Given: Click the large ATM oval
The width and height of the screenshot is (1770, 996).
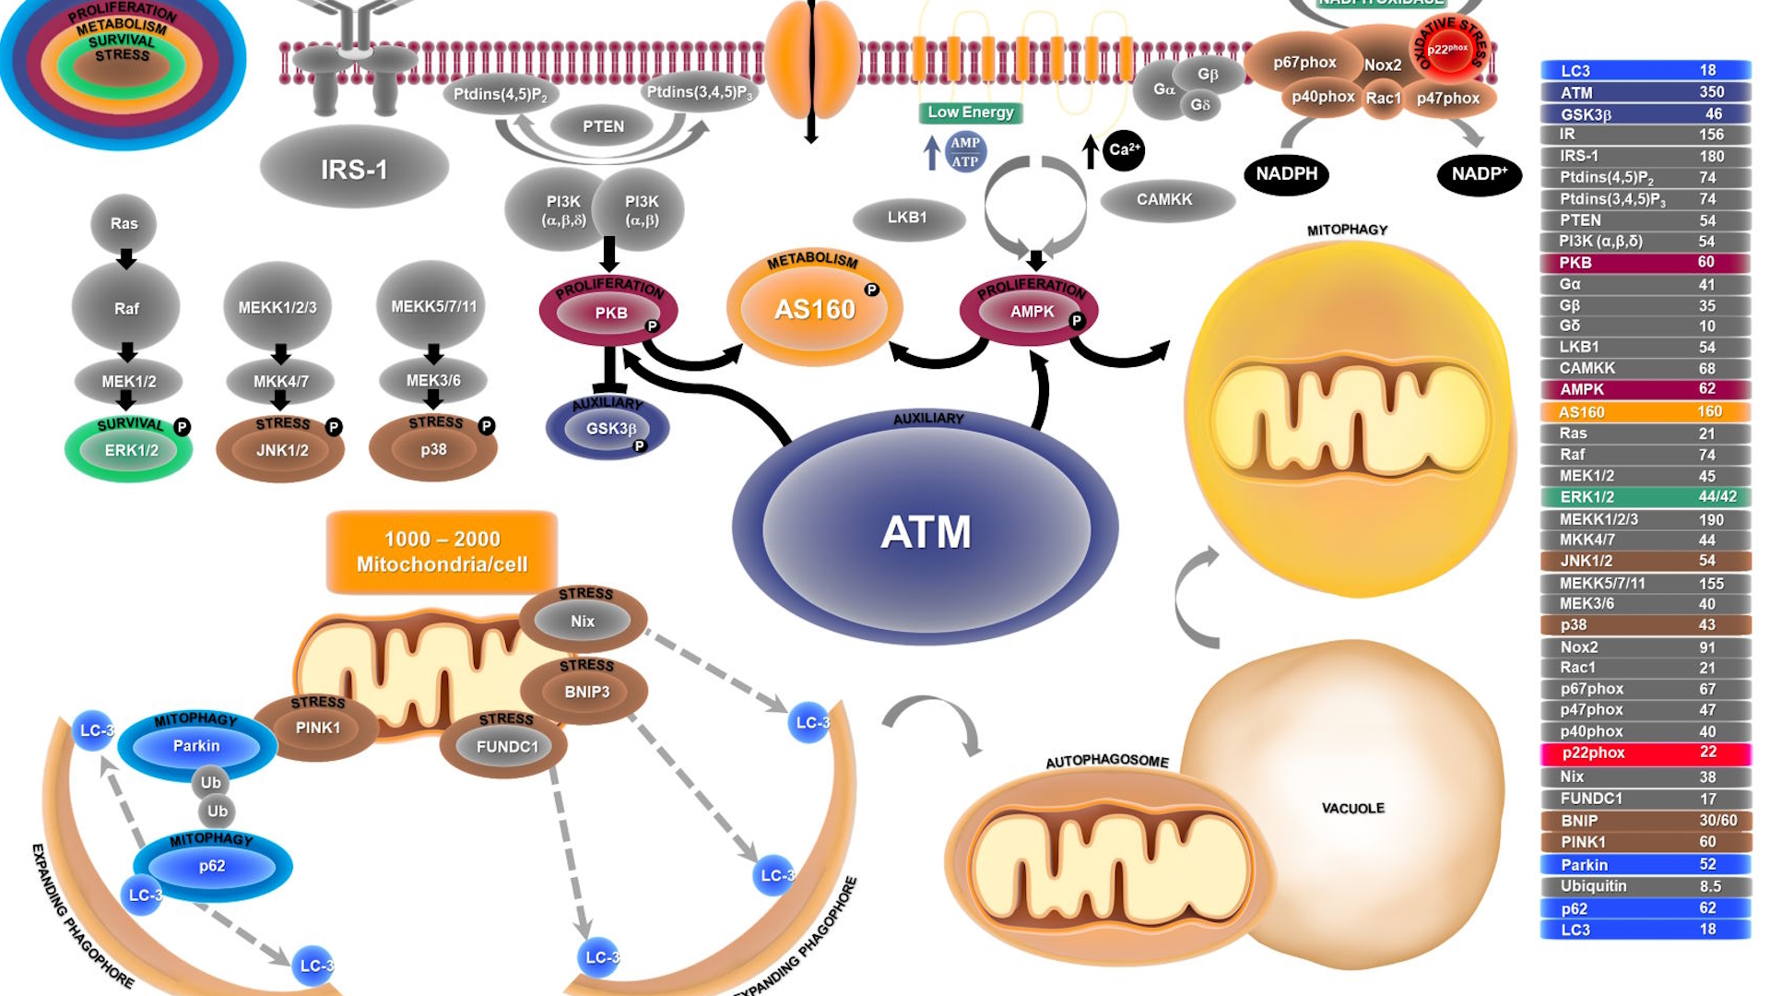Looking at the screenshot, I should pos(926,531).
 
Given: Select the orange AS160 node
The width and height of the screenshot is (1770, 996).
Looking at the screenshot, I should pos(815,309).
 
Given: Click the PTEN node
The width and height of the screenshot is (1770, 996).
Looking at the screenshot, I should pos(603,126).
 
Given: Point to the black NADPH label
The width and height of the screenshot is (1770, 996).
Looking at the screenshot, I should pos(1286,174).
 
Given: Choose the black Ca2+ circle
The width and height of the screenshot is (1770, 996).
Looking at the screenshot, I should pos(1123,149).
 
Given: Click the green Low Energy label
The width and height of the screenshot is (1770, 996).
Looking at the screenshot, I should pos(970,113).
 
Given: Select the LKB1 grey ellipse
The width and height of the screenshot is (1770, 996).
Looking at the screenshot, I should pos(908,218).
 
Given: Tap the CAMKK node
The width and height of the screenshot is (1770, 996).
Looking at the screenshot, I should pos(1164,199).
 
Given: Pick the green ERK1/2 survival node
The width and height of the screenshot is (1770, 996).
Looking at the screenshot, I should pos(130,450).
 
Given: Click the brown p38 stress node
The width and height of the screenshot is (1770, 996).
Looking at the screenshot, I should pos(433,450).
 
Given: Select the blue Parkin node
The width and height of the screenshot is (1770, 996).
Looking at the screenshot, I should pos(196,746).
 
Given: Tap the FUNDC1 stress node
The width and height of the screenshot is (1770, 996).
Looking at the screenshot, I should pos(507,747).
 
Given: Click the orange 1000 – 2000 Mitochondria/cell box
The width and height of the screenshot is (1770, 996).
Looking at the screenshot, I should pos(442,551).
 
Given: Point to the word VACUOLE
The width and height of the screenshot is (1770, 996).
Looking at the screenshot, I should pos(1352,809).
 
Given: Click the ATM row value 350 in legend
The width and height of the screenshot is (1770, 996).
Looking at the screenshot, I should pos(1711,92).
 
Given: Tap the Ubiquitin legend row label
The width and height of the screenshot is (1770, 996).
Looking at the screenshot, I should pos(1593,886).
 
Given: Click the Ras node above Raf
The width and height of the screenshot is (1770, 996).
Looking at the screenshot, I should pos(124,224).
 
